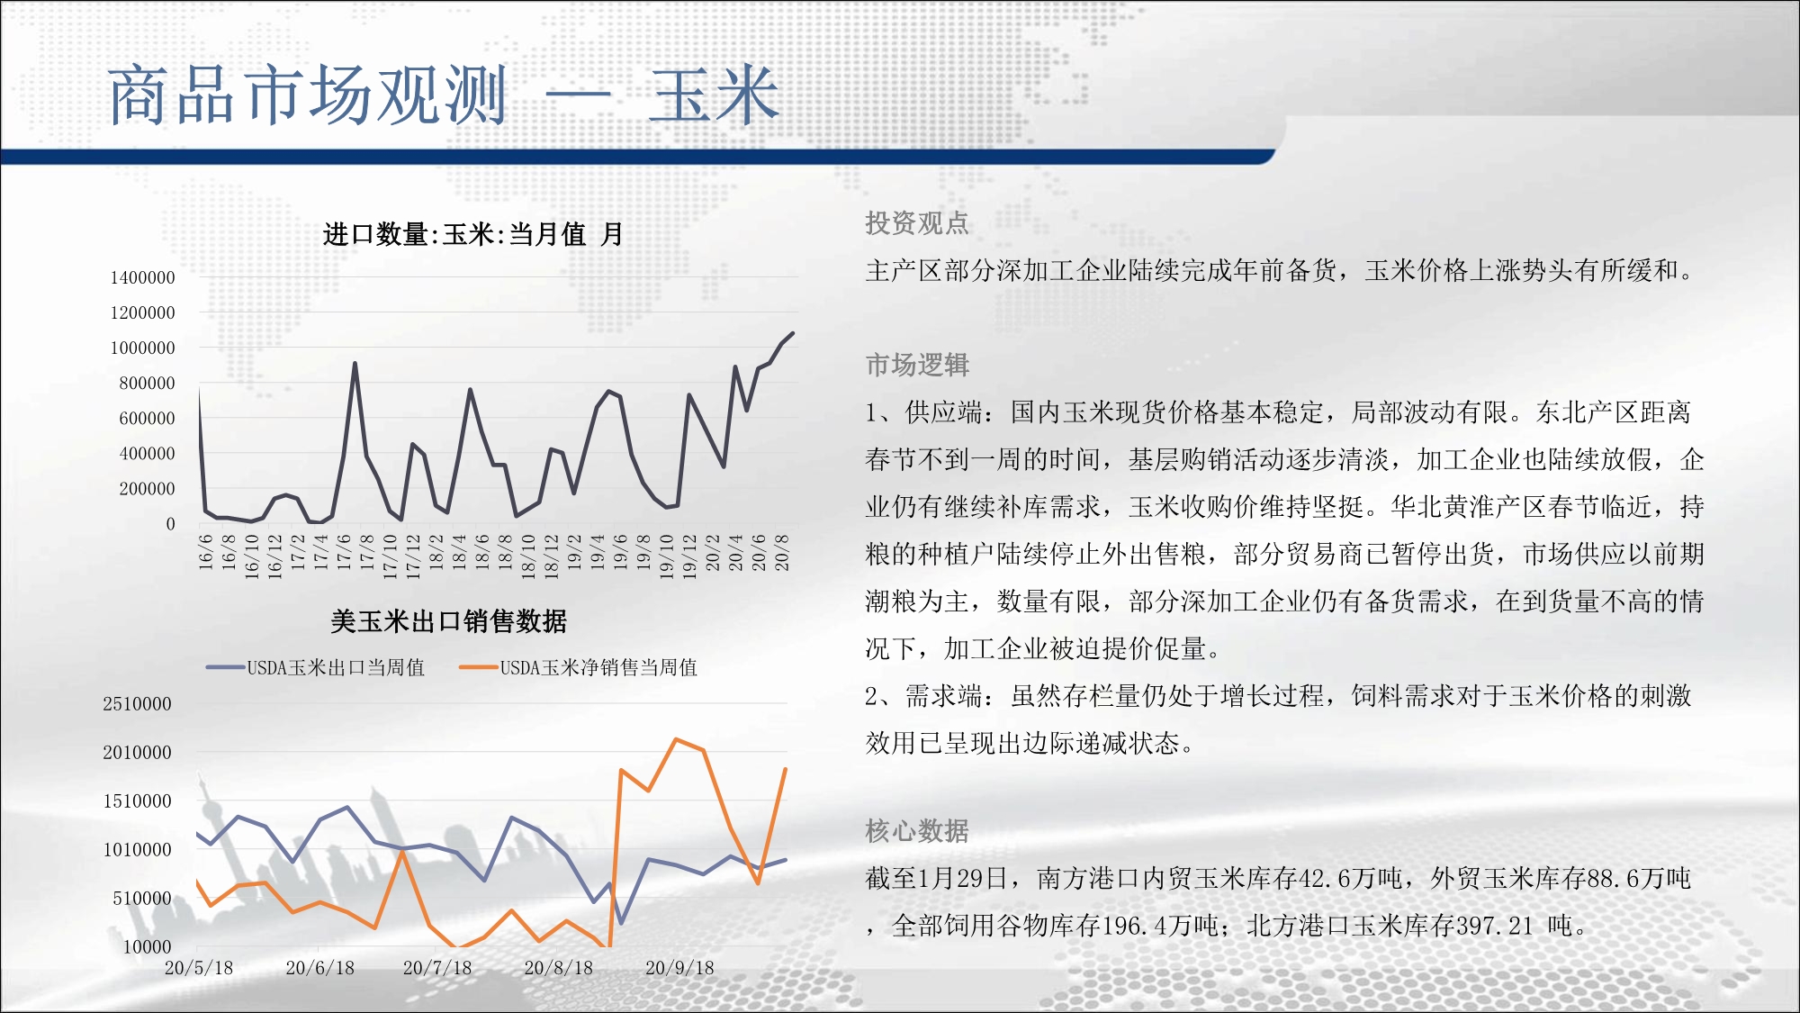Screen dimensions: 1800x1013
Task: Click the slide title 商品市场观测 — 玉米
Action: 443,95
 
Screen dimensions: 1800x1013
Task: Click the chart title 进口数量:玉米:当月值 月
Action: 472,234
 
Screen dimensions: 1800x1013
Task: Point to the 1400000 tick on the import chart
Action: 142,277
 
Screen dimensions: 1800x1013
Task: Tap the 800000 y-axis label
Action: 147,383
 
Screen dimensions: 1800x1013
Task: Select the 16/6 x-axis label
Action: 205,551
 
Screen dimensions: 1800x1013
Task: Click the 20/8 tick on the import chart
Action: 782,551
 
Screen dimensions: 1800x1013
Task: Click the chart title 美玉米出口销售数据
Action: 448,620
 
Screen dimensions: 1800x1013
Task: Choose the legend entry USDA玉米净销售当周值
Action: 578,667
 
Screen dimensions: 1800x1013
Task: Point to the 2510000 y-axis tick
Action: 137,703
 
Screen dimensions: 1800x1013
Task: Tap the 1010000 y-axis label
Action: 137,849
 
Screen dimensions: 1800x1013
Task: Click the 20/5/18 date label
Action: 199,968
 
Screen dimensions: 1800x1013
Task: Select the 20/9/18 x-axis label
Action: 679,968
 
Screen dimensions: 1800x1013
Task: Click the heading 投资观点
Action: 917,222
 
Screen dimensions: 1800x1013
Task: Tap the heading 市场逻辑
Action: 917,365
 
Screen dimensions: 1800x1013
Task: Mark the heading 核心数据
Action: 917,830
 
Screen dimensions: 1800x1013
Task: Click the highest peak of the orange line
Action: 676,739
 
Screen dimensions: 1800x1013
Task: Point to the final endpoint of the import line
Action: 793,333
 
